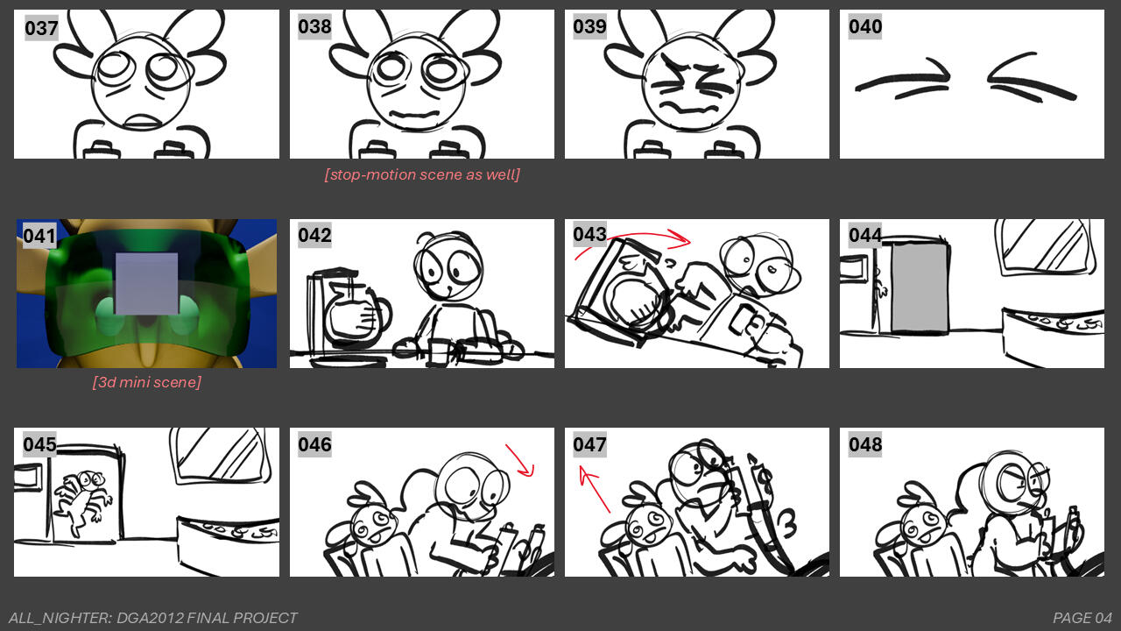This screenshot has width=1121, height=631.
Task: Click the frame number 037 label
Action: (41, 29)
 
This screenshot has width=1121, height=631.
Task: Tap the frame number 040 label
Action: (865, 27)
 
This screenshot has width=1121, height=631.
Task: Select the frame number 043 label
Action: (589, 235)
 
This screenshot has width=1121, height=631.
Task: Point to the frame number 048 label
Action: (865, 444)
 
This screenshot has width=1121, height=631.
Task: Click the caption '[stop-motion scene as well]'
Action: (422, 174)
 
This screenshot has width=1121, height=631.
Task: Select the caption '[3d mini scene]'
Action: (146, 382)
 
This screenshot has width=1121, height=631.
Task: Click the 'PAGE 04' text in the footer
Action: (1082, 618)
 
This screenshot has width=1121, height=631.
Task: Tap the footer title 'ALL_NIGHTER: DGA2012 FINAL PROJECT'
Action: (153, 618)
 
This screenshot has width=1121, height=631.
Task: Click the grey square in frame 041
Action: (146, 283)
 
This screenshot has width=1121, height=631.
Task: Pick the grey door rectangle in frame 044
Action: (920, 287)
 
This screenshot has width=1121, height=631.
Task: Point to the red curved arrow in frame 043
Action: (633, 239)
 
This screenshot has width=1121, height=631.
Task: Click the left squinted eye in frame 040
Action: (903, 81)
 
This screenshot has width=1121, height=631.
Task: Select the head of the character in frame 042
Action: (448, 267)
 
